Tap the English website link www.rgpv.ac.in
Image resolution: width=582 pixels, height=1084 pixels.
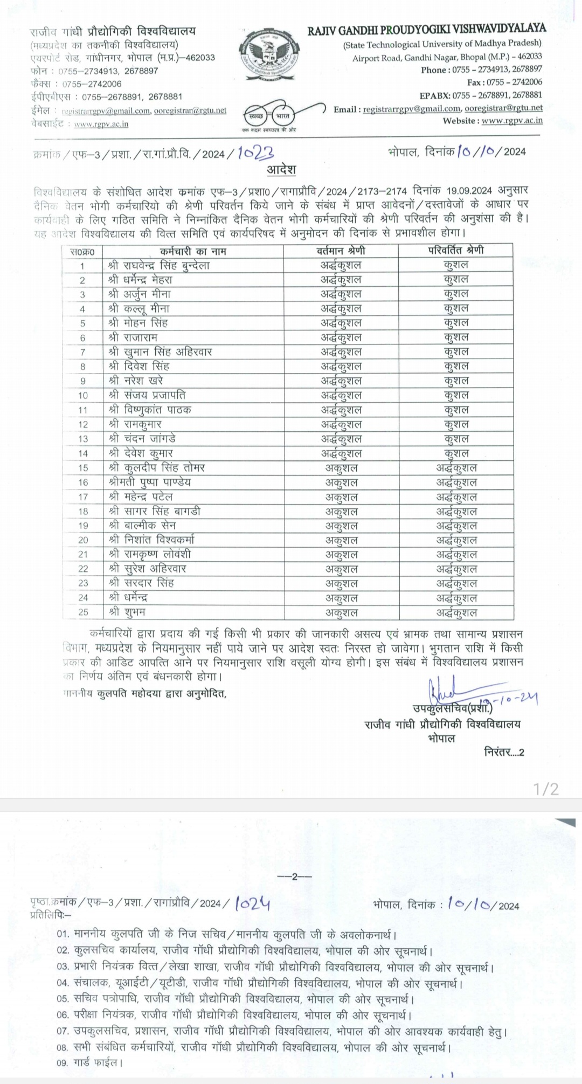point(512,121)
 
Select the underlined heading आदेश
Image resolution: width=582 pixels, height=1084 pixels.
point(281,170)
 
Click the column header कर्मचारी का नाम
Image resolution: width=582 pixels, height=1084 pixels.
point(193,251)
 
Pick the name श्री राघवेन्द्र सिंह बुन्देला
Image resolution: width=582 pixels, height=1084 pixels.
point(158,265)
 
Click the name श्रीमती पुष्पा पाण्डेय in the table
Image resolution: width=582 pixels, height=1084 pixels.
point(149,482)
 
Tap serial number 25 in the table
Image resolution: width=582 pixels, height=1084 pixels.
point(83,613)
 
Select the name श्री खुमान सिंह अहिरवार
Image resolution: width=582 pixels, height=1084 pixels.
point(160,352)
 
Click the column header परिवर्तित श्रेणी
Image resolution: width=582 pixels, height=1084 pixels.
point(455,250)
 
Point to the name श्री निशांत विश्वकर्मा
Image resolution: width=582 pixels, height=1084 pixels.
point(151,540)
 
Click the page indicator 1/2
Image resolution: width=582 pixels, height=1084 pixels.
point(546,790)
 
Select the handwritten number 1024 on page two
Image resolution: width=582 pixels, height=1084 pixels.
point(253,903)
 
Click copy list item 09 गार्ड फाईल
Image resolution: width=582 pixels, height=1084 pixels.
point(90,1063)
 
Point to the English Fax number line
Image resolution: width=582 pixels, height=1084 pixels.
point(504,82)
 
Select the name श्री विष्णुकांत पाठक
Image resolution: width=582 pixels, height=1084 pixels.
point(149,410)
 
